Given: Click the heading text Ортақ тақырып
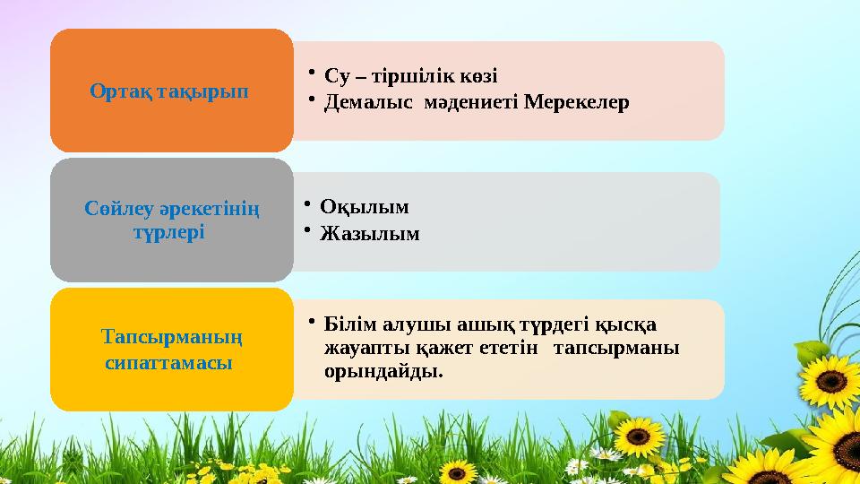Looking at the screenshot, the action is (x=169, y=91).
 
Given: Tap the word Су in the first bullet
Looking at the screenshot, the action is (x=336, y=75).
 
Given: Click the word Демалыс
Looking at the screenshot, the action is (x=368, y=102).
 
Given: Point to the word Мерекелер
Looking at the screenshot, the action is (x=576, y=102).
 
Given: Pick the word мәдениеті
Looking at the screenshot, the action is (x=469, y=102).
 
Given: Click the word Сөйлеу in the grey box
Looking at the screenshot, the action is (x=118, y=209).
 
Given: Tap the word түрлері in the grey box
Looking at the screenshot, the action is (x=169, y=233).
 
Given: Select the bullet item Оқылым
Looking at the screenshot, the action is (x=365, y=207).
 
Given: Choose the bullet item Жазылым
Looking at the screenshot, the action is (x=370, y=234).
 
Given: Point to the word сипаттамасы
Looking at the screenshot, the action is (x=169, y=363).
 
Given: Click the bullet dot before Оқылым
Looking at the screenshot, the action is (x=307, y=204).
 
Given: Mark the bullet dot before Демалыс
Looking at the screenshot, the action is (x=312, y=99).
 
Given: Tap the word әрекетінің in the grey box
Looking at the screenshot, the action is (x=210, y=210).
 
